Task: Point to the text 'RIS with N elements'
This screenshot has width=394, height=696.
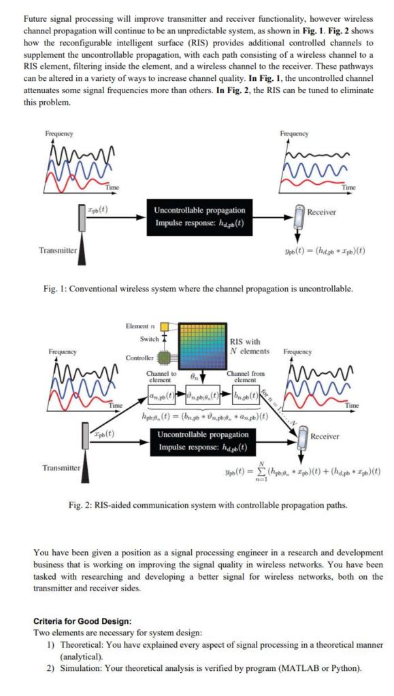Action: pyautogui.click(x=250, y=347)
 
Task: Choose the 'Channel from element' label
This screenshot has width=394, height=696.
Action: pyautogui.click(x=245, y=377)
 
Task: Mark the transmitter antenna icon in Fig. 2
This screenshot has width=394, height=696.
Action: pyautogui.click(x=86, y=457)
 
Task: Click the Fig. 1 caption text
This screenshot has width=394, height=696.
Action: pyautogui.click(x=197, y=289)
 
